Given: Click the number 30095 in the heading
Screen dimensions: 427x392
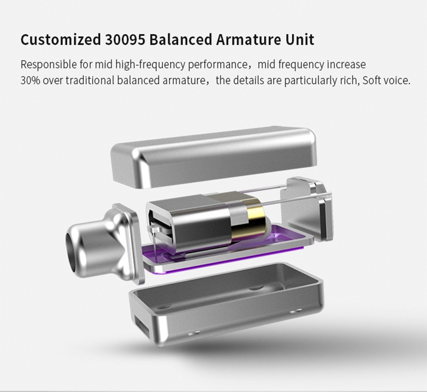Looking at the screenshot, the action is click(125, 40).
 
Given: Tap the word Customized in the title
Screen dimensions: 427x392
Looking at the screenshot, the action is click(61, 40).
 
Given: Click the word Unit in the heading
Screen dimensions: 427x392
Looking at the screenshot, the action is click(300, 40).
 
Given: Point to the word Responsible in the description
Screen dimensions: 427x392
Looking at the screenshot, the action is click(49, 65).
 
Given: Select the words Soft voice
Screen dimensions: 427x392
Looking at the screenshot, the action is click(386, 80).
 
